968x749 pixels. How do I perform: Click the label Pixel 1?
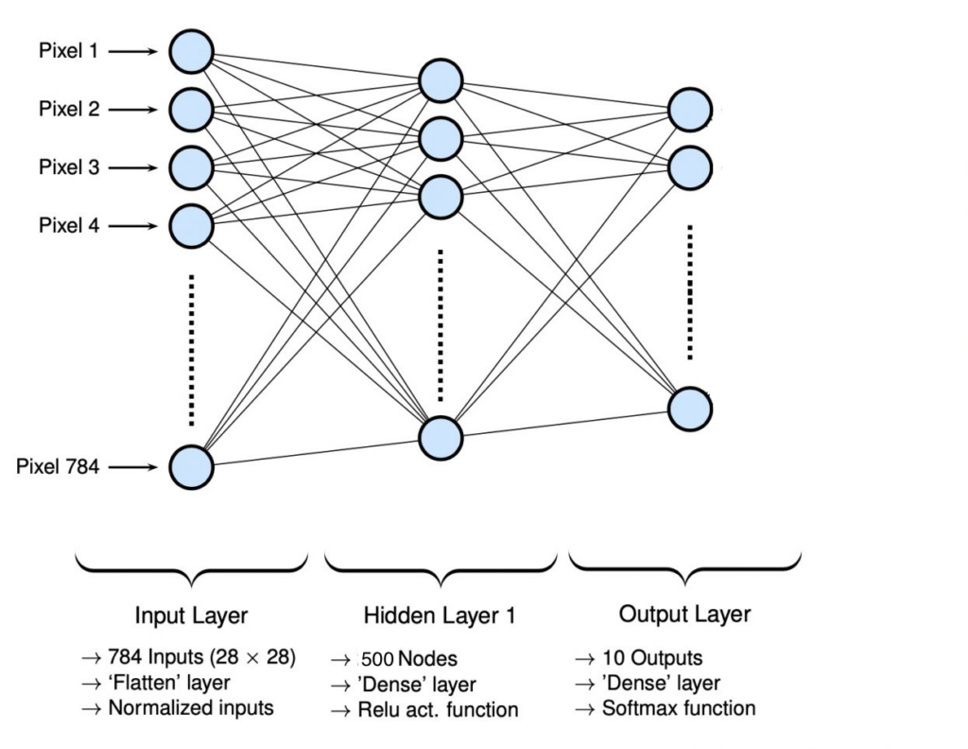[68, 52]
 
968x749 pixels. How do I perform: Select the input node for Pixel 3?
[192, 166]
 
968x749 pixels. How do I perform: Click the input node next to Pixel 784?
[192, 467]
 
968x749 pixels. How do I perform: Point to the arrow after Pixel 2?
[133, 110]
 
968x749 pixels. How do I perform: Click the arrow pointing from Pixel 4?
[133, 225]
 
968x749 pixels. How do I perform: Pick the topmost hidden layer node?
[441, 81]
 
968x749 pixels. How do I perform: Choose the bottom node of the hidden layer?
[441, 437]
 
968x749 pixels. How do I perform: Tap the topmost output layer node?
[689, 110]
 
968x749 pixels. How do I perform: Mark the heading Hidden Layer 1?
[440, 617]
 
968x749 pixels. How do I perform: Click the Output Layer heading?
[684, 615]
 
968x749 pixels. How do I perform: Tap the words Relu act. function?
[435, 708]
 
